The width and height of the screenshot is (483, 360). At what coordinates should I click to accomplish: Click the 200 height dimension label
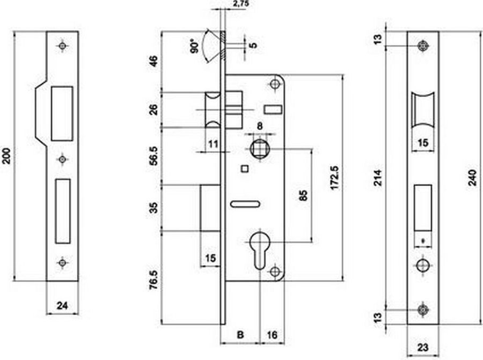(x=7, y=156)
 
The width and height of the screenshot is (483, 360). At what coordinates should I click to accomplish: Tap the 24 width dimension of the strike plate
(x=62, y=305)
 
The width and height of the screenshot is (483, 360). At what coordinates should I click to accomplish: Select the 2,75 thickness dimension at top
(x=241, y=4)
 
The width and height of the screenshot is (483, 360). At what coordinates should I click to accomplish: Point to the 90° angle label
(x=195, y=46)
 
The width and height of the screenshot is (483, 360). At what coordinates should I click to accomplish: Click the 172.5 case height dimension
(x=334, y=178)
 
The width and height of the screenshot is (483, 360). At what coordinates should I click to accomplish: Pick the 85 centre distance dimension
(x=303, y=195)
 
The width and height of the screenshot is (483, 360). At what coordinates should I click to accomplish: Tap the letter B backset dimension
(x=240, y=334)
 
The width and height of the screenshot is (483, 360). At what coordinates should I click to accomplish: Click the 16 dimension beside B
(x=272, y=334)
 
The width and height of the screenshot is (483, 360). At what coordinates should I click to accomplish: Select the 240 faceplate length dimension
(x=472, y=178)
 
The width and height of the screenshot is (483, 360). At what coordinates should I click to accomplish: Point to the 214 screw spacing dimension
(x=378, y=178)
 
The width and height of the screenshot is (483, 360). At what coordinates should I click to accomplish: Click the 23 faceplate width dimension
(x=423, y=348)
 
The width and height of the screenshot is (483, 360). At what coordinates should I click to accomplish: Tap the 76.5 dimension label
(x=153, y=280)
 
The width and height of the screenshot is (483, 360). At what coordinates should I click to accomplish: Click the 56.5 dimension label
(x=153, y=156)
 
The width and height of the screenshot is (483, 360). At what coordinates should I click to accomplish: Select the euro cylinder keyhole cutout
(x=261, y=251)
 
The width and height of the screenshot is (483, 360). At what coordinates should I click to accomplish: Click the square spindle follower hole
(x=259, y=149)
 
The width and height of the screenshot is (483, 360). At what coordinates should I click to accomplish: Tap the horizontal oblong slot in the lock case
(x=245, y=204)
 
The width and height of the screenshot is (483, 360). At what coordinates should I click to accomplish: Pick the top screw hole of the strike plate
(x=63, y=46)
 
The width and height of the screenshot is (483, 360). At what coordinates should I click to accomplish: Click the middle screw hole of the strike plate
(x=63, y=159)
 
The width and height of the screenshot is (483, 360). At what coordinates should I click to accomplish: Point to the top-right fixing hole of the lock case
(x=275, y=84)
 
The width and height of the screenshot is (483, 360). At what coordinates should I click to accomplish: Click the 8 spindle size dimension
(x=260, y=126)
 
